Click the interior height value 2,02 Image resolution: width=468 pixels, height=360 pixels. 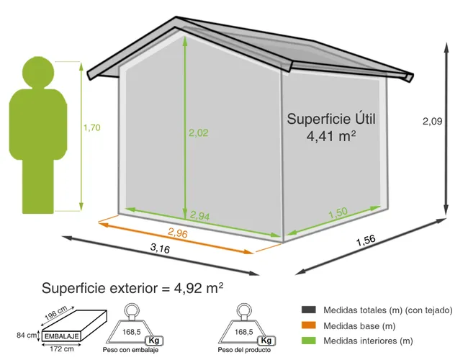click(x=198, y=132)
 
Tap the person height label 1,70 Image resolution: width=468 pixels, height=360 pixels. click(x=91, y=127)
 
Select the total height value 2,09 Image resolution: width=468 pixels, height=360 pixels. click(x=432, y=121)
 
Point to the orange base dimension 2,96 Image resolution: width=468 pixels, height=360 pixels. click(x=178, y=233)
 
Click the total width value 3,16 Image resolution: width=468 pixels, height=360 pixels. click(x=160, y=248)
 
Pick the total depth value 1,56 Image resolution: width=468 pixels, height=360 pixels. click(x=366, y=240)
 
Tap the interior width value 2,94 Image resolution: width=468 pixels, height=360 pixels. click(x=199, y=215)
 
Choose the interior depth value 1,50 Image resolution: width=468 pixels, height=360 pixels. click(x=338, y=213)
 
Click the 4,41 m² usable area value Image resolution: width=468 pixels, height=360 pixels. click(x=331, y=136)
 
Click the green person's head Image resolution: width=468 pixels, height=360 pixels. click(x=38, y=73)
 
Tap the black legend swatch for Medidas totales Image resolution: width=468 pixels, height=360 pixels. click(x=309, y=310)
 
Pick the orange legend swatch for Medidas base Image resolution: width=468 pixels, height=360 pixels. click(x=309, y=325)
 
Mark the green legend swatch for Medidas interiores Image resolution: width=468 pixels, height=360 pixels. click(x=309, y=341)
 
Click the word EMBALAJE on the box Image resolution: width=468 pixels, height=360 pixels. click(x=62, y=336)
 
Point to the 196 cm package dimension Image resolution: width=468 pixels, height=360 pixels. click(x=56, y=313)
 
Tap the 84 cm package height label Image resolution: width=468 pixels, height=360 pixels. click(x=27, y=336)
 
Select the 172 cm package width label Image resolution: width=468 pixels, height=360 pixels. click(x=62, y=349)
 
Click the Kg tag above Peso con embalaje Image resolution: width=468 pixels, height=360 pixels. click(x=154, y=341)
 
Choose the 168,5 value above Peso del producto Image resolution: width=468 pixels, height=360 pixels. click(x=244, y=332)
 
